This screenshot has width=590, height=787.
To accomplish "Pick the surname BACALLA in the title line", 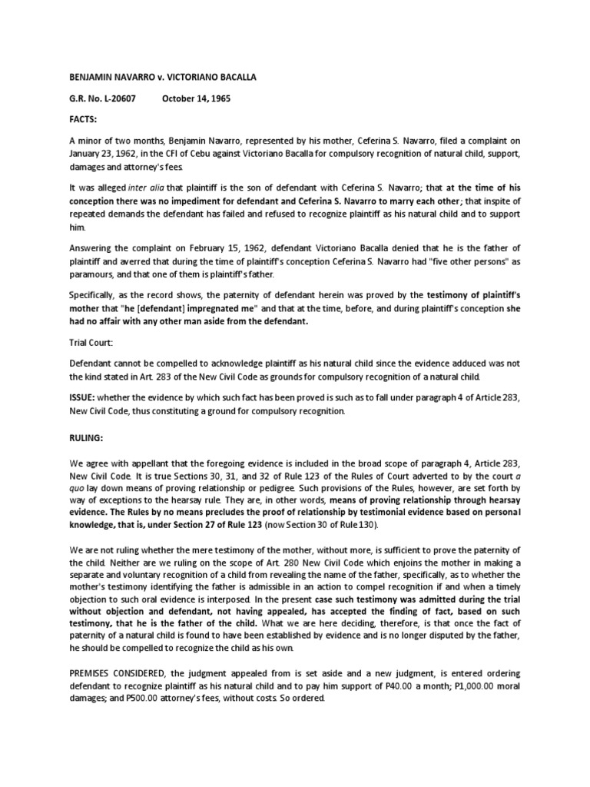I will coord(239,78).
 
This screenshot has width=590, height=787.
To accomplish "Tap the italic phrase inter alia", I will coord(146,188).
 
